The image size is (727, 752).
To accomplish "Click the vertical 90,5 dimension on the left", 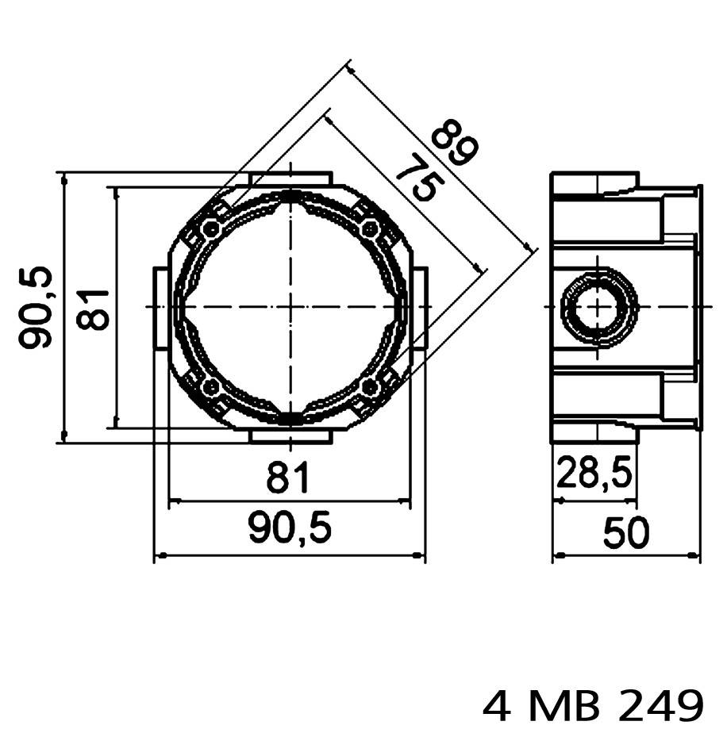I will [37, 307].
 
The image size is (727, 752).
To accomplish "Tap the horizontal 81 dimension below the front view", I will [287, 478].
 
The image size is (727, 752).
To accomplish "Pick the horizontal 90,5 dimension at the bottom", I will [289, 529].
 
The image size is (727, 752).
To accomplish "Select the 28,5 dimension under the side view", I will [594, 475].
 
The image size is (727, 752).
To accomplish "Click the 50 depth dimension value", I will [626, 532].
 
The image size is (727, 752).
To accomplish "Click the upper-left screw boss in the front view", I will [210, 229].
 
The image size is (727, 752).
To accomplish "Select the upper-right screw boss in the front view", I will [369, 229].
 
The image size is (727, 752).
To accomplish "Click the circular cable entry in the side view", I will [600, 306].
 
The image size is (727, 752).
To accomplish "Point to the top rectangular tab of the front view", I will [290, 178].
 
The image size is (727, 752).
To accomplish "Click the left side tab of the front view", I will [160, 308].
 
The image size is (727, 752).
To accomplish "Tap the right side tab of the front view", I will [420, 308].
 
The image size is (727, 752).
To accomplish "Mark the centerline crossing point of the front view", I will [290, 307].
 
